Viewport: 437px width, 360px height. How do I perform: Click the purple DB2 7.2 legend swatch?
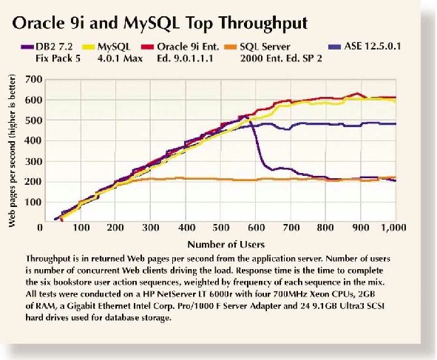tap(28, 47)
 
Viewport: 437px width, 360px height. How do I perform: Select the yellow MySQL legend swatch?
tap(89, 47)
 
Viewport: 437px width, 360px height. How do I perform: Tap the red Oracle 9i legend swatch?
tap(147, 47)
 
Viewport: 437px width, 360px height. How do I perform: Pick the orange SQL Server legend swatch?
tap(230, 47)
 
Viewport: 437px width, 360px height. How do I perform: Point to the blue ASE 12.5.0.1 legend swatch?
tap(334, 47)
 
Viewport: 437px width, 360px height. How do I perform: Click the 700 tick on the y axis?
tap(34, 80)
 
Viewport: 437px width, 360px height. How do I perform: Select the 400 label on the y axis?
tap(34, 141)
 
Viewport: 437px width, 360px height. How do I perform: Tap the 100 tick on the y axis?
tap(34, 203)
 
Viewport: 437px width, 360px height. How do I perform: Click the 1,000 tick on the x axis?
tap(393, 228)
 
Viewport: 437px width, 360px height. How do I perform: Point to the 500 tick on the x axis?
tap(221, 228)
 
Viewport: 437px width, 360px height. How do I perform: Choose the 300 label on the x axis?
tap(151, 228)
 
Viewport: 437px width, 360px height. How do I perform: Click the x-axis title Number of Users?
tap(226, 245)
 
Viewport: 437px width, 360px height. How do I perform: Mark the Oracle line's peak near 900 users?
tap(357, 93)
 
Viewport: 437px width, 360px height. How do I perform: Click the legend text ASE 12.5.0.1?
tap(373, 47)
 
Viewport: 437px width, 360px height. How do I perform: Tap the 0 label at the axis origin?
tap(40, 228)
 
